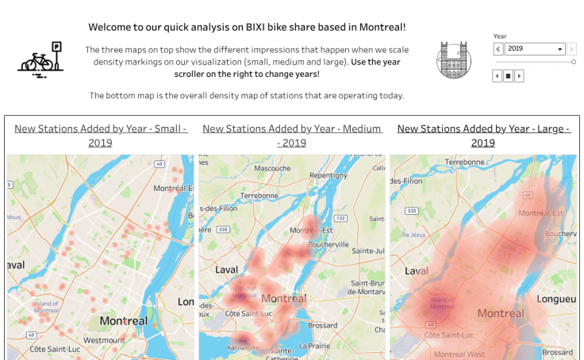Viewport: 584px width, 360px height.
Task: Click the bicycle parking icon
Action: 40,59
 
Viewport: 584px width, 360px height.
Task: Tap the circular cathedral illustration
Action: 453,60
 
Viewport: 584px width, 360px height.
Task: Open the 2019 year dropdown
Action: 535,49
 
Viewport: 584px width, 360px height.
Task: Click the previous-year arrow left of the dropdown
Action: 498,49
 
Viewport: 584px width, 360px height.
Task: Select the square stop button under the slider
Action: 508,76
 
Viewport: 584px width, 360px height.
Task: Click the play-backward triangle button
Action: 497,76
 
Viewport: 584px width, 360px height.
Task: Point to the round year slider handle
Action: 573,62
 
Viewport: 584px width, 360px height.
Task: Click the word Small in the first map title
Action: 167,128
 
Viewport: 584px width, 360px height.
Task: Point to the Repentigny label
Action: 328,175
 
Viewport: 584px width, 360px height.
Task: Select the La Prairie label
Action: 315,346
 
